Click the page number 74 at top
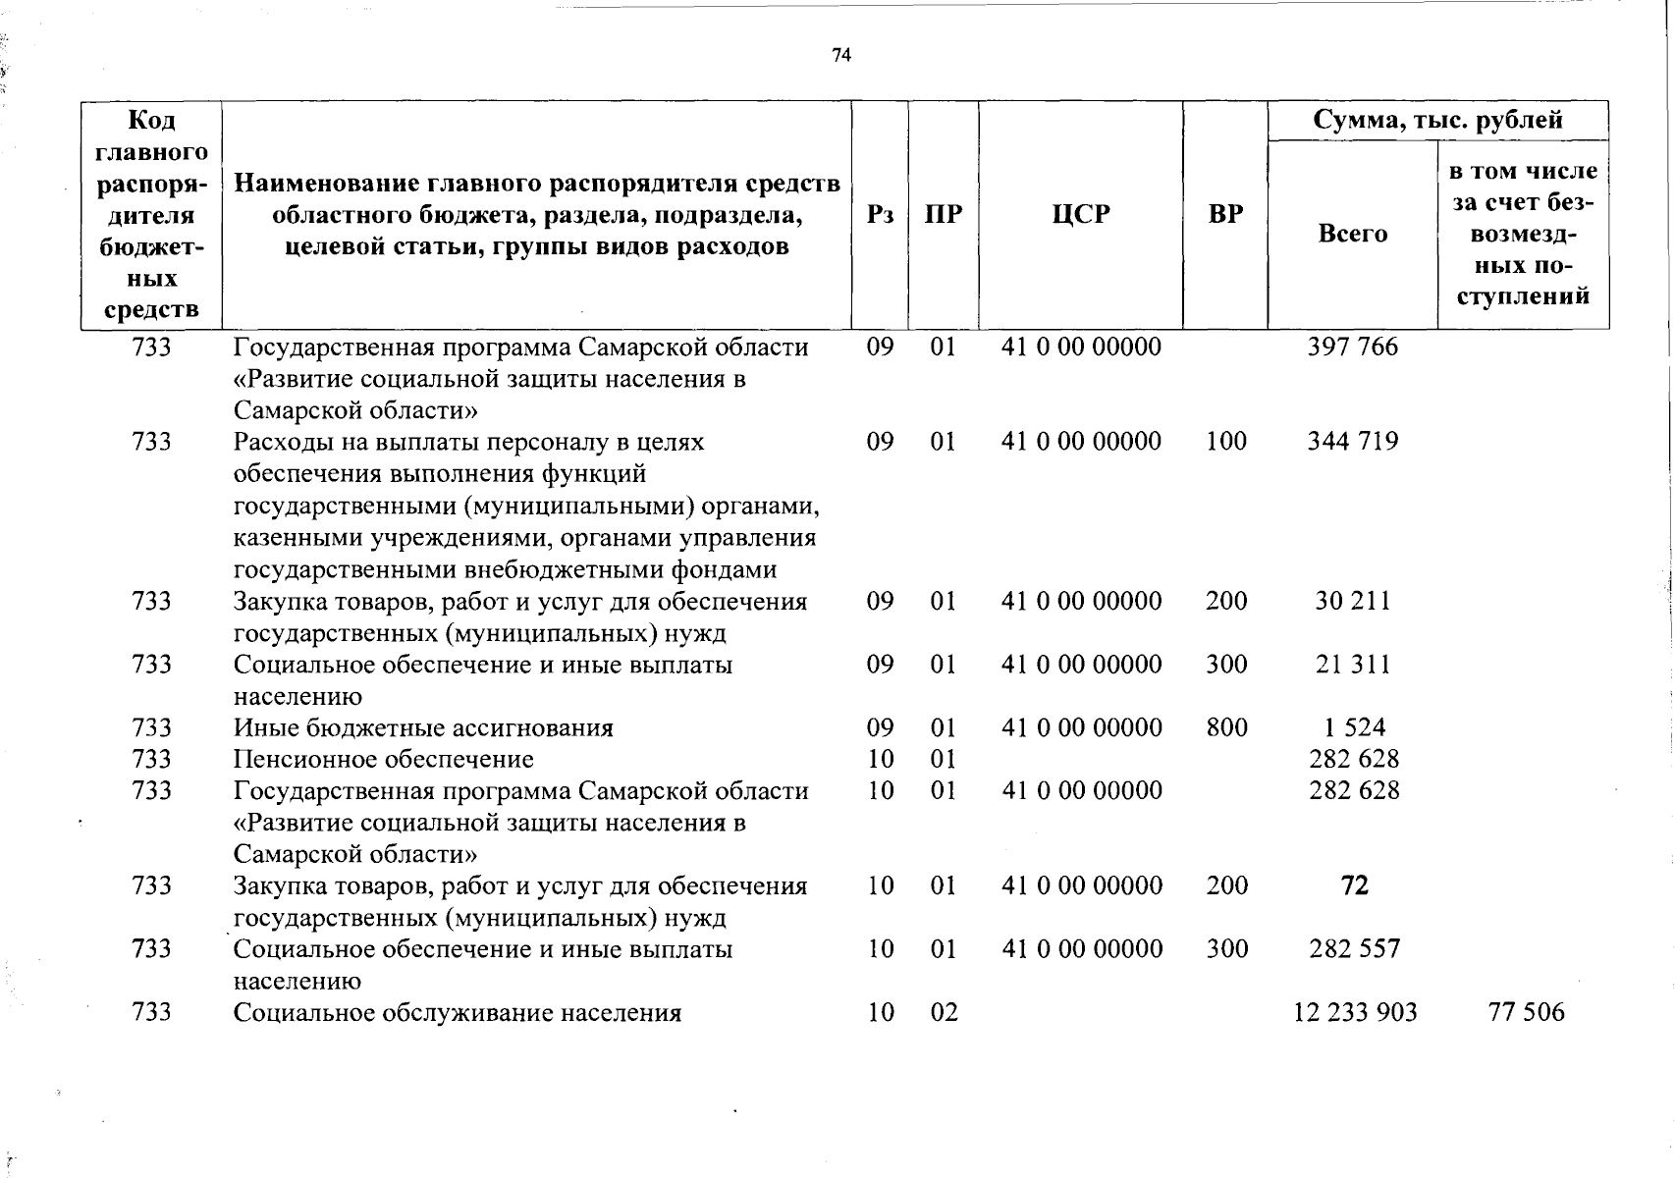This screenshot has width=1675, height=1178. (840, 56)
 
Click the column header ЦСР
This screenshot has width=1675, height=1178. (1080, 214)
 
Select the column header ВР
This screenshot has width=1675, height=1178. (1225, 214)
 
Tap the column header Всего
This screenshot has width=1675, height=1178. (1352, 234)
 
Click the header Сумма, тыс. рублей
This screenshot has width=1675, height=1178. (1437, 121)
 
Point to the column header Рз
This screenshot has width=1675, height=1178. (880, 214)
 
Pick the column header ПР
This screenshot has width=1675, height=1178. (943, 214)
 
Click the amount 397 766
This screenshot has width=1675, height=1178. (1352, 347)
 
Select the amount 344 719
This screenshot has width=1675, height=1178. (1352, 441)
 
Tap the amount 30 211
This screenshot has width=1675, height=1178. (1352, 601)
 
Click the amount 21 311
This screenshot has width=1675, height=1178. (1352, 665)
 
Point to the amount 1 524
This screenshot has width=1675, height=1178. (1353, 727)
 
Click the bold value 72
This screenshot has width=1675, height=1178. (1354, 885)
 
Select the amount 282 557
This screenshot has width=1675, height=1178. (1354, 948)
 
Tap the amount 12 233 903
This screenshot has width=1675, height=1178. (1355, 1012)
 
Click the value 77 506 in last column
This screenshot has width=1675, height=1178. (1526, 1012)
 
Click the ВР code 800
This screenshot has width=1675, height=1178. (1226, 727)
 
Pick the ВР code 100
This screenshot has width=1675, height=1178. (1226, 441)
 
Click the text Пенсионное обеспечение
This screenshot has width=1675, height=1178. (383, 759)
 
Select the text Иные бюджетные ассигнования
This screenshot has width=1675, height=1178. (423, 727)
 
